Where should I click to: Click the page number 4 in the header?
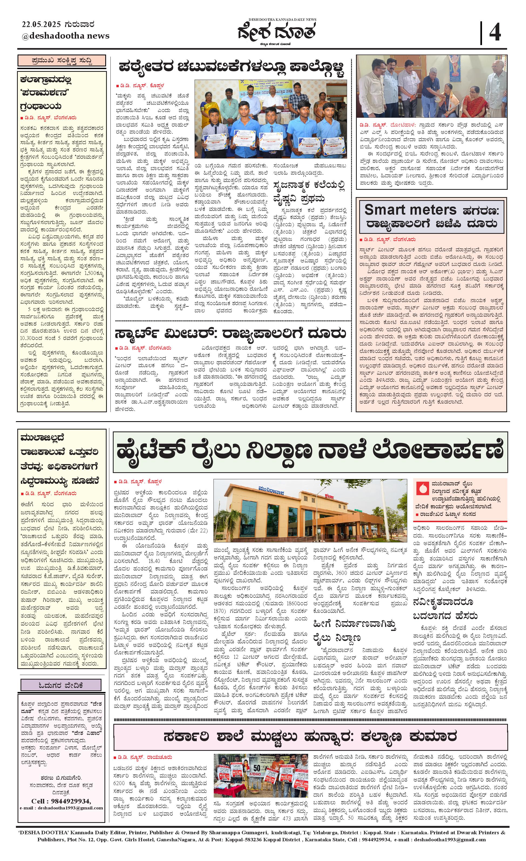(495, 33)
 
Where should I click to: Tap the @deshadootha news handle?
(65, 36)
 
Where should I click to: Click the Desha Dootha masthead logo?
(277, 32)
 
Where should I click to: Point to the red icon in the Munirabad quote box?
(422, 489)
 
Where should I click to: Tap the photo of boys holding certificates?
(270, 119)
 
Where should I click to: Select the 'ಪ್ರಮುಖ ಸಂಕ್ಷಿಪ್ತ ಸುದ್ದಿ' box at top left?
(62, 61)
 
